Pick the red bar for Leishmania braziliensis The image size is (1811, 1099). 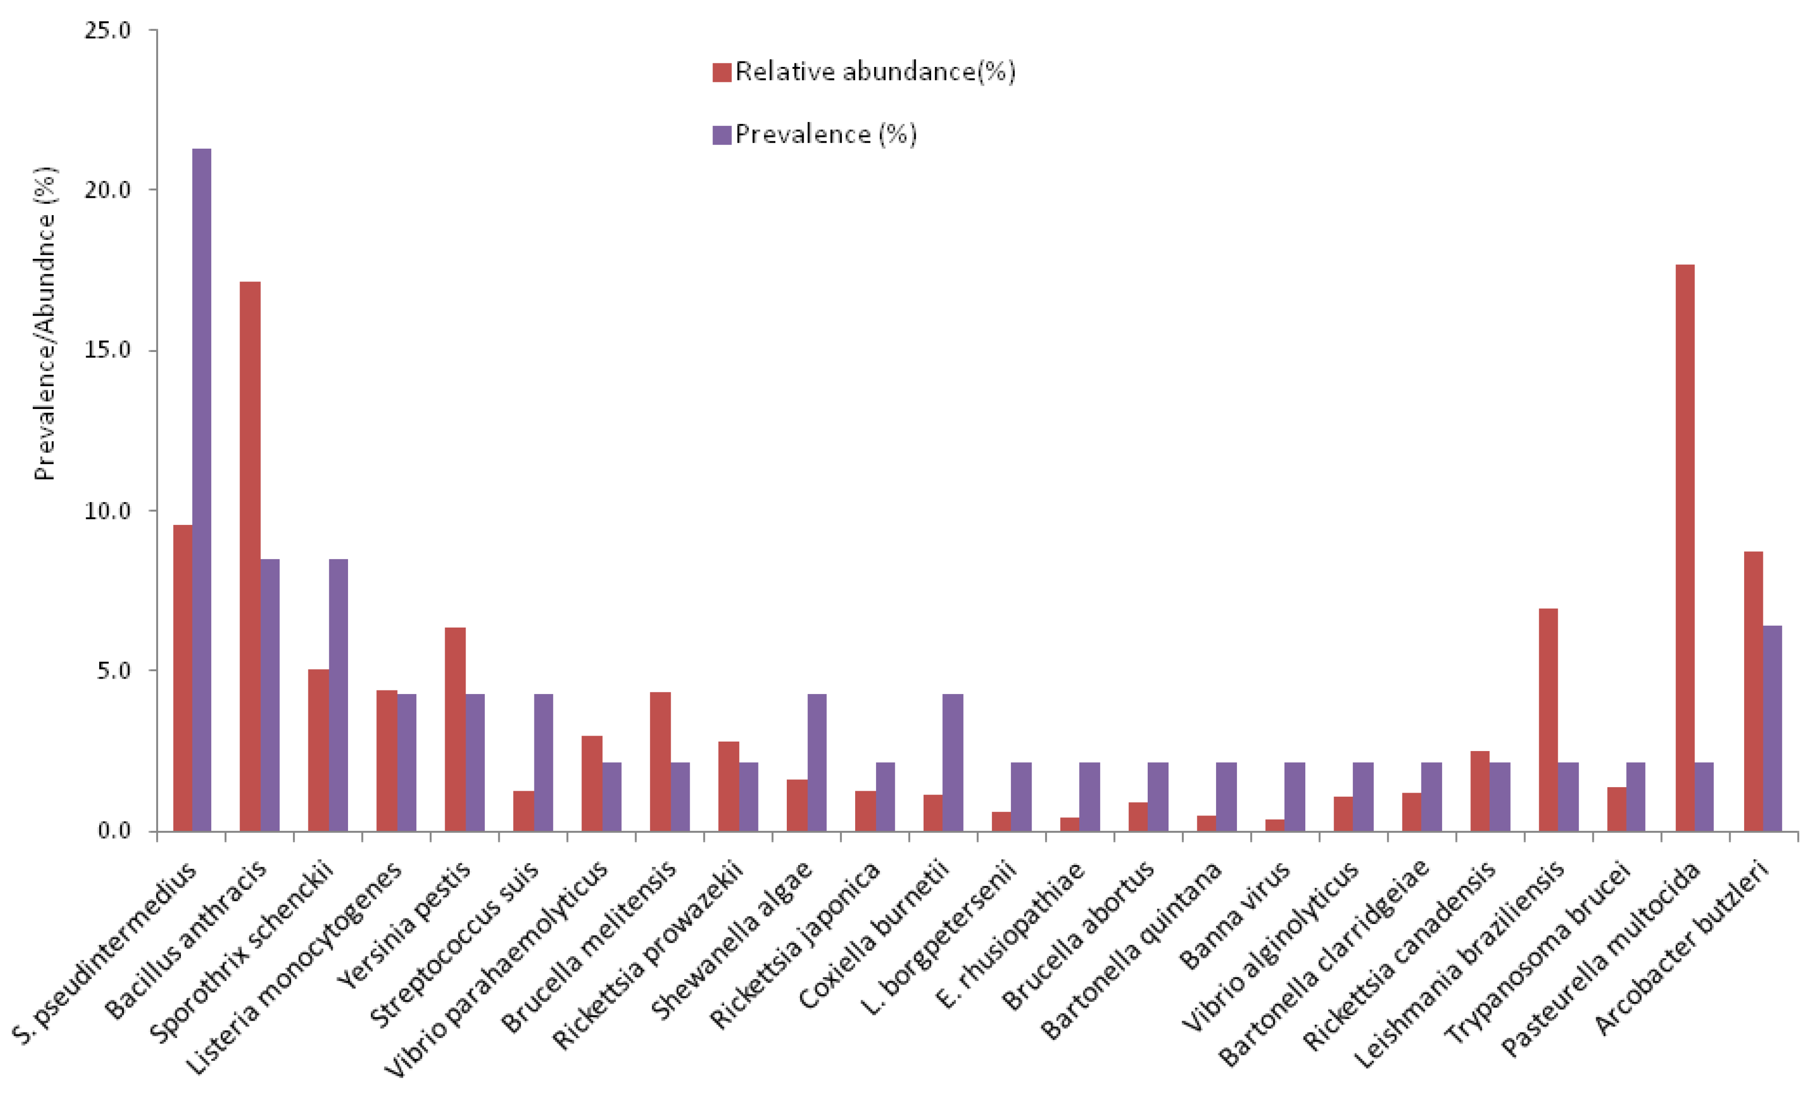(x=1548, y=720)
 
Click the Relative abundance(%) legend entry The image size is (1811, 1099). (x=864, y=72)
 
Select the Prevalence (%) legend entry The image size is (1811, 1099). (x=815, y=134)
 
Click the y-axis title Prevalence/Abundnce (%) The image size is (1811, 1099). (x=45, y=323)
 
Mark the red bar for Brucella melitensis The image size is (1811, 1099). (x=660, y=761)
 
